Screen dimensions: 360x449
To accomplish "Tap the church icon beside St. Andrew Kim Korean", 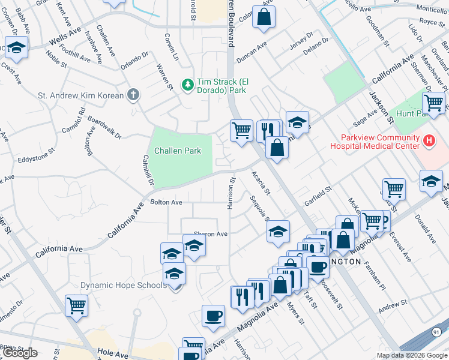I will pyautogui.click(x=133, y=95).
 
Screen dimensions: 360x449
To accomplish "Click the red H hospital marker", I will pyautogui.click(x=429, y=141).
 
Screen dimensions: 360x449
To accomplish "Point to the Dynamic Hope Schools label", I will pyautogui.click(x=124, y=285).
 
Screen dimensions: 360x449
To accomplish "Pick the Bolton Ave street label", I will pyautogui.click(x=166, y=203).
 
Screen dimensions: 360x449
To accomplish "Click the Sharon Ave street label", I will pyautogui.click(x=210, y=234).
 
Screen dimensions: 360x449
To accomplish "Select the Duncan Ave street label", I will pyautogui.click(x=251, y=55).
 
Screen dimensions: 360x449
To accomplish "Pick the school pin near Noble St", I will pyautogui.click(x=17, y=48).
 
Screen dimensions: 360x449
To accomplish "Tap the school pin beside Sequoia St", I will pyautogui.click(x=278, y=233).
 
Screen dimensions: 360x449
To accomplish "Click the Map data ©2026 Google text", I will pyautogui.click(x=412, y=355).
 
